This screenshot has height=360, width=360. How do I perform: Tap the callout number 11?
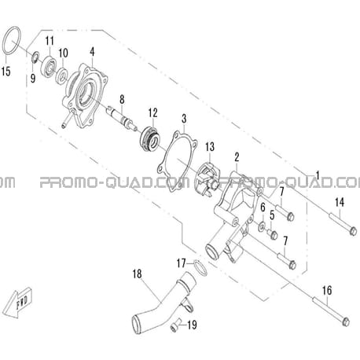(50, 41)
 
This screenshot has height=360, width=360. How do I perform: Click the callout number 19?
(192, 325)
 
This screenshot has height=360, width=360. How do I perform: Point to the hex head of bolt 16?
(346, 321)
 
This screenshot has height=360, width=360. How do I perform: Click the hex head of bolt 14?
(353, 231)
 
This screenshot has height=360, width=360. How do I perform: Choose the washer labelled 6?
(262, 226)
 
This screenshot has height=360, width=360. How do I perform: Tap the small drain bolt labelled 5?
(273, 234)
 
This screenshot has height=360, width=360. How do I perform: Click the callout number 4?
(92, 52)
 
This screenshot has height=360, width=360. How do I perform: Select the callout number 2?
(237, 157)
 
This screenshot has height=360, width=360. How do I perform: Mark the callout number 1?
(318, 175)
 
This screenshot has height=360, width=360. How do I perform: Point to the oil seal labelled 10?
(62, 76)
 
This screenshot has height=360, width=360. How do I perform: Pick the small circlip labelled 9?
(35, 57)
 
